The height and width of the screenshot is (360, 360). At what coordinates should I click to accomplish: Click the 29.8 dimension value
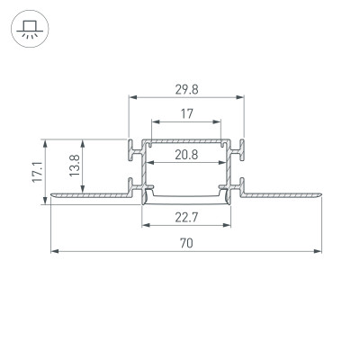pos(186,89)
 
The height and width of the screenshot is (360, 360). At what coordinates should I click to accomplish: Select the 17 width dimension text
pos(186,113)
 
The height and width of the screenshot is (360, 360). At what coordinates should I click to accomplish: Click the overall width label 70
pos(186,242)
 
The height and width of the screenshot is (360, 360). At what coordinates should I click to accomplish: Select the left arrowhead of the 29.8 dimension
pos(132,97)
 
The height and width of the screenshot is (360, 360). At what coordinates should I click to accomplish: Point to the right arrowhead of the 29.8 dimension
pos(242,97)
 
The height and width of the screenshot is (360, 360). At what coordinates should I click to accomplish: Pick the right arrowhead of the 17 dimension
pos(219,121)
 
